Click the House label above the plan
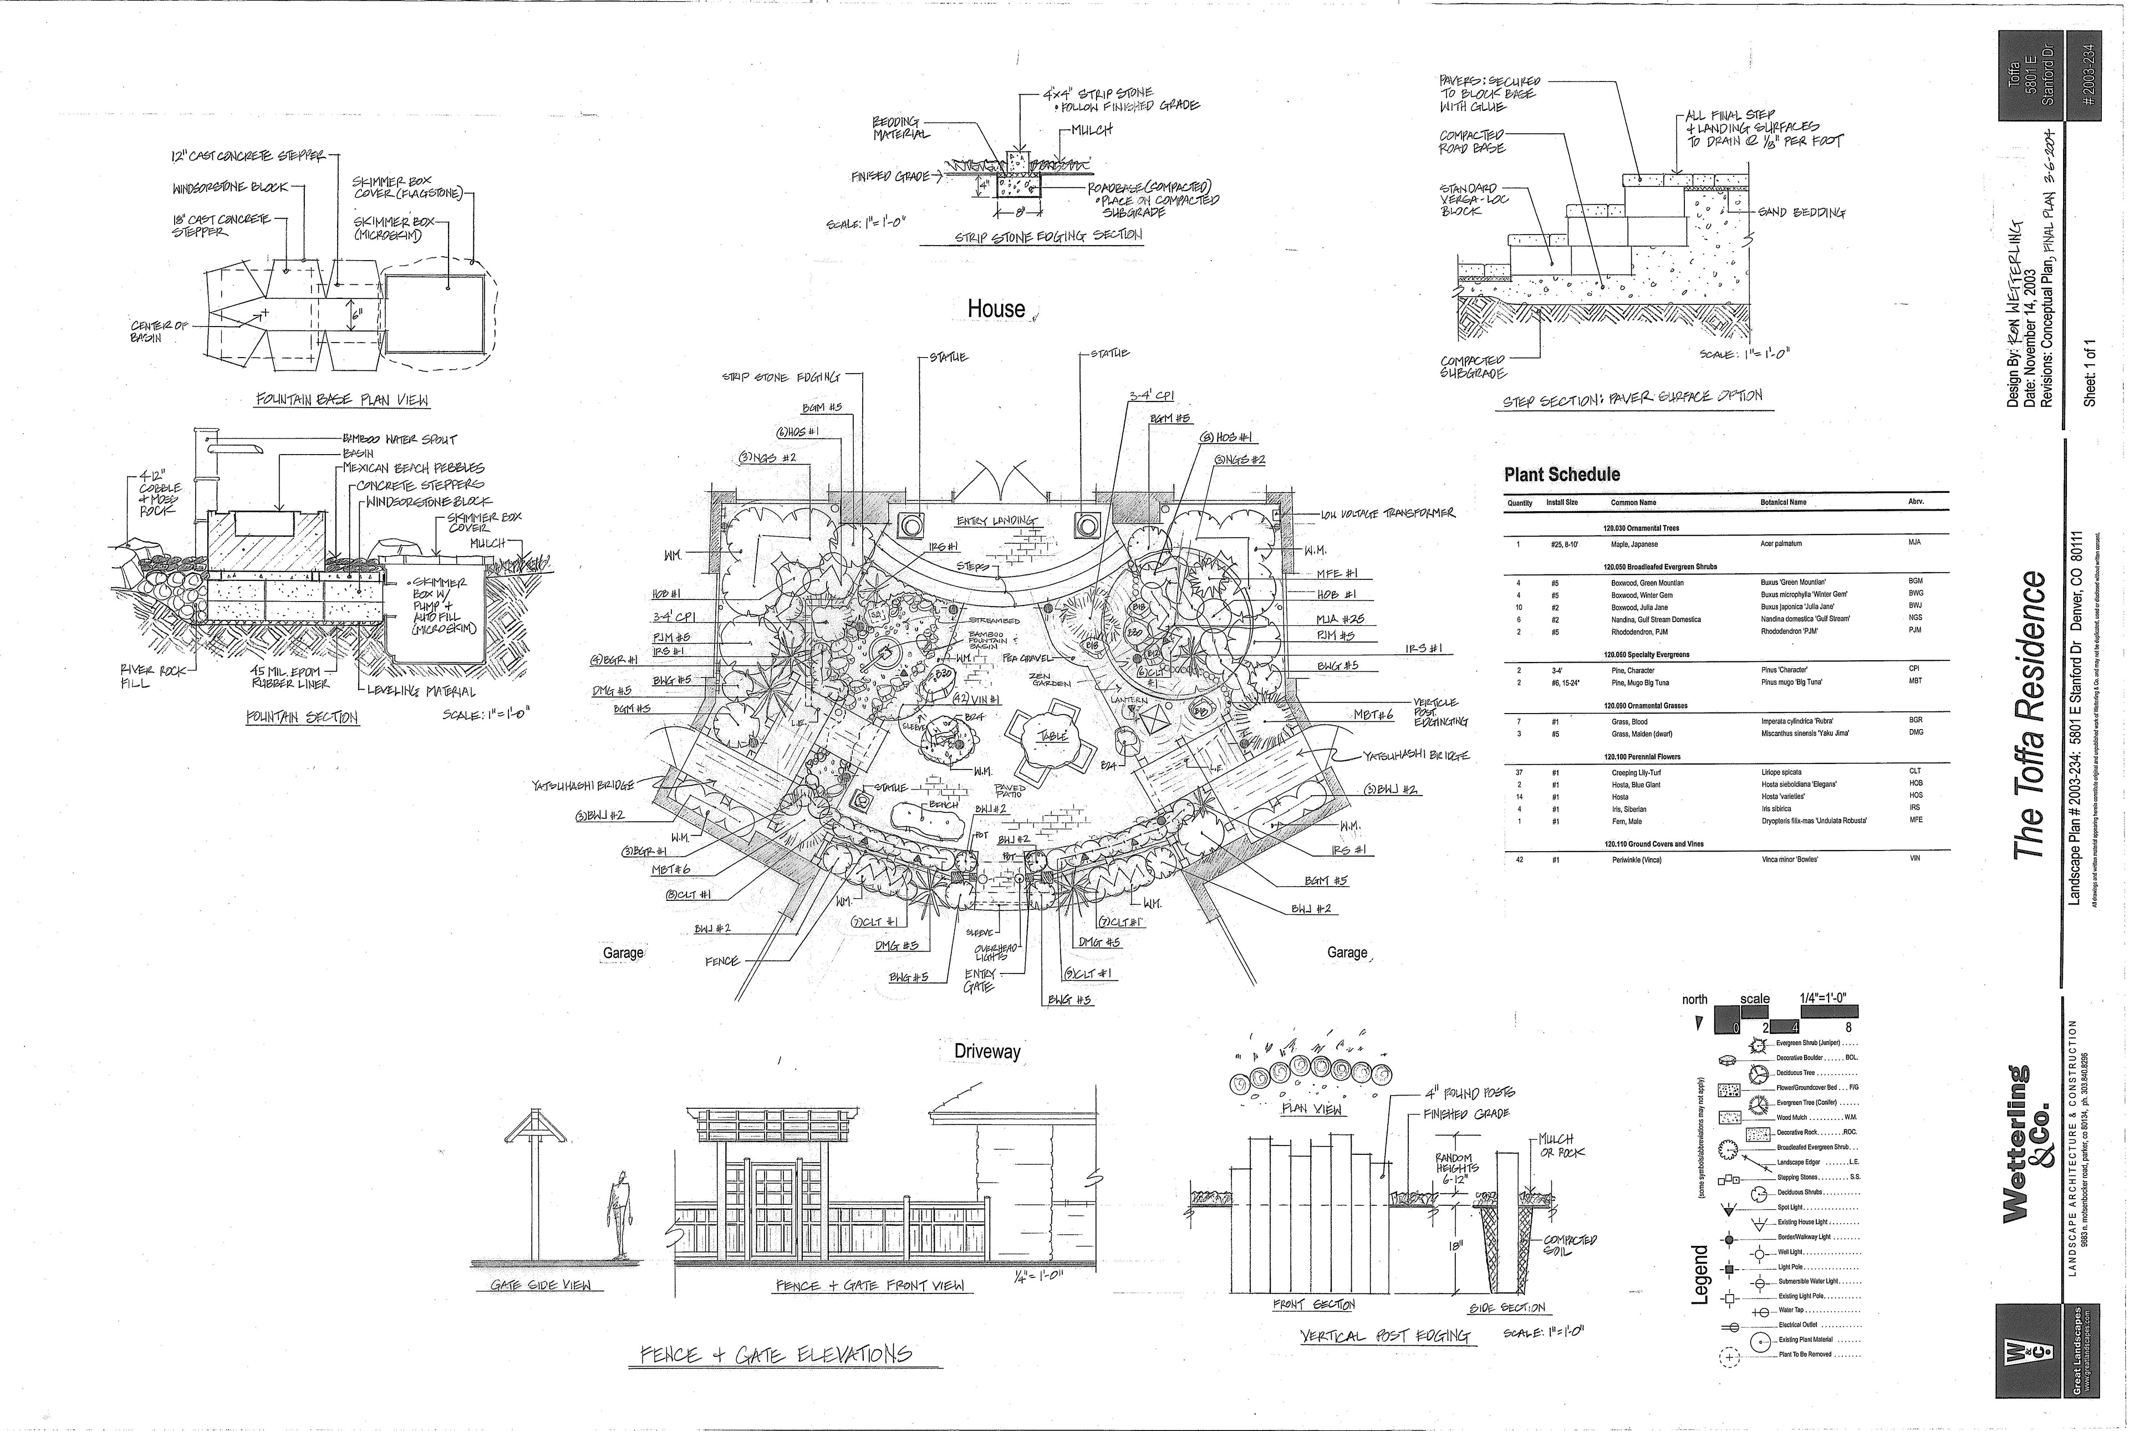click(996, 309)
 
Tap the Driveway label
click(986, 1051)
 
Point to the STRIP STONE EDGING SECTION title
click(1048, 236)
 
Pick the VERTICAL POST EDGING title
click(1386, 1336)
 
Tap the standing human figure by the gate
click(620, 1213)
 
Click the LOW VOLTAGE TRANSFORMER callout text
click(1387, 514)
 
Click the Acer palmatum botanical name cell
click(1780, 544)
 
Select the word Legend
click(1699, 1274)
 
